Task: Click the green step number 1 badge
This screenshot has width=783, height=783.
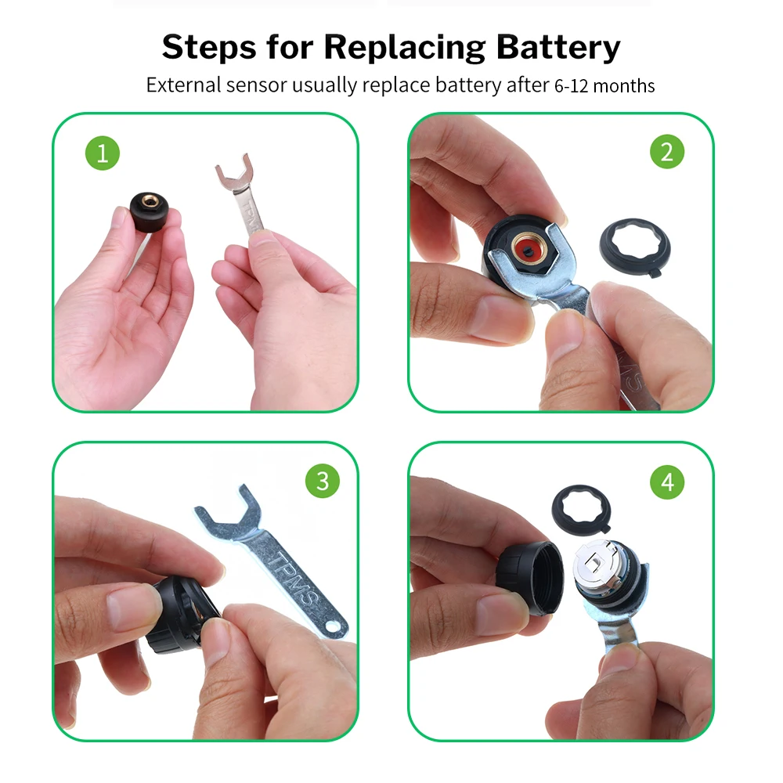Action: pyautogui.click(x=103, y=153)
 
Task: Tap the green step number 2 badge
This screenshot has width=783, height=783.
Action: pyautogui.click(x=667, y=152)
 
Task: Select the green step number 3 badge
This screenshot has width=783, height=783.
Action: pyautogui.click(x=323, y=482)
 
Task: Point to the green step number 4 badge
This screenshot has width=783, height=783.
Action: pyautogui.click(x=667, y=482)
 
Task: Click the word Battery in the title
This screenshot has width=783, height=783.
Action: pyautogui.click(x=558, y=48)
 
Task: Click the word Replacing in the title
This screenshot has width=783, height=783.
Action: pyautogui.click(x=405, y=48)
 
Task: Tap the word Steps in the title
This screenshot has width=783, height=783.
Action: pyautogui.click(x=210, y=47)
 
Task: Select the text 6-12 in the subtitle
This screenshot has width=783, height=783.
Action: pyautogui.click(x=572, y=86)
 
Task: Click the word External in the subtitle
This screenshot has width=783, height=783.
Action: pyautogui.click(x=183, y=85)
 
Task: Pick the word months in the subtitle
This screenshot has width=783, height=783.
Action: pyautogui.click(x=624, y=86)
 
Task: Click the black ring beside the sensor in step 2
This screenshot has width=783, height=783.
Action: pyautogui.click(x=635, y=248)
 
